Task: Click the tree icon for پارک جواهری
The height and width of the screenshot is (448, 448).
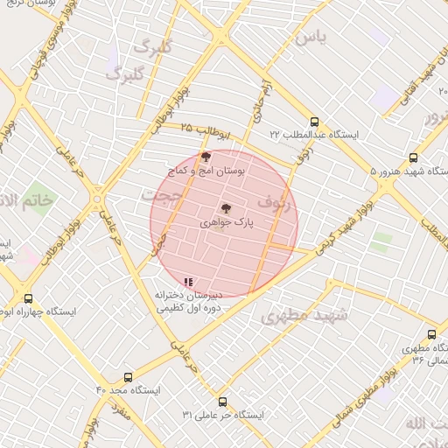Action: click(x=226, y=208)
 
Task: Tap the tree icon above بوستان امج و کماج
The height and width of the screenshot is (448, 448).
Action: click(x=206, y=157)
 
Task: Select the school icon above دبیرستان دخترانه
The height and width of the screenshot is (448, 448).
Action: click(x=188, y=282)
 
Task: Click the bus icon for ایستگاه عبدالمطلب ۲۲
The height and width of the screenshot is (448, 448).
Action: click(x=315, y=122)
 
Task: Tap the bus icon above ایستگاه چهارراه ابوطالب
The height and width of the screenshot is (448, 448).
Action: click(x=29, y=298)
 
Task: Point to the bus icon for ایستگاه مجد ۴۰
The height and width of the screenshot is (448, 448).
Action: click(x=129, y=377)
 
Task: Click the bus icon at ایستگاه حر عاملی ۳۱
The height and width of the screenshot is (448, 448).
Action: click(x=222, y=402)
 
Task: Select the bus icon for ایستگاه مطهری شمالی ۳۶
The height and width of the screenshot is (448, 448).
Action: click(x=431, y=334)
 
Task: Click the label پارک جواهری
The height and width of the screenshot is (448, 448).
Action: click(x=226, y=224)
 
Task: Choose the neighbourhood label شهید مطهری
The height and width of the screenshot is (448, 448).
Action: click(x=304, y=316)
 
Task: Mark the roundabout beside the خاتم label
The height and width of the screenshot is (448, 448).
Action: click(x=96, y=200)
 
